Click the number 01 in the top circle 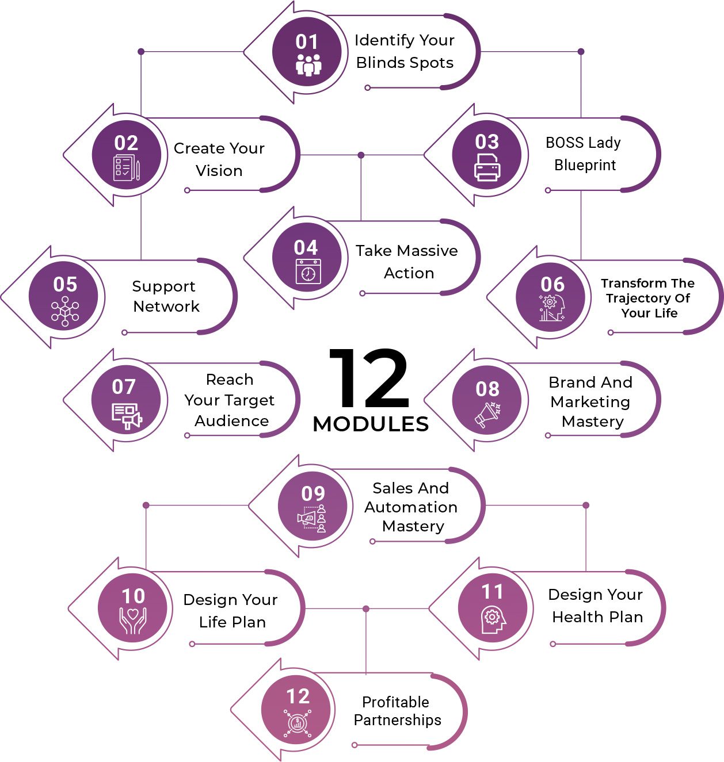pos(306,42)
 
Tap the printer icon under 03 pos(487,167)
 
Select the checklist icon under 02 pos(127,168)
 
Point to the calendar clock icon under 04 pos(308,271)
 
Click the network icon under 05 pos(65,311)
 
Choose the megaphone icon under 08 pos(487,415)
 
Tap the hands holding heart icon pos(133,620)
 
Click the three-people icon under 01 pos(308,65)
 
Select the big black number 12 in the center pos(369,378)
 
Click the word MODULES pos(371,424)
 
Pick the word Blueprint pos(585,166)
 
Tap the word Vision pos(219,171)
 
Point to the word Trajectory pos(648,298)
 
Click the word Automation pos(411,507)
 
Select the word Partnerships pos(398,720)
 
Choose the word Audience pos(231,420)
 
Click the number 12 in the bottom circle pos(298,696)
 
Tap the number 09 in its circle pos(313,494)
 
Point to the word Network pos(166,307)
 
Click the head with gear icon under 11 pos(493,620)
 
